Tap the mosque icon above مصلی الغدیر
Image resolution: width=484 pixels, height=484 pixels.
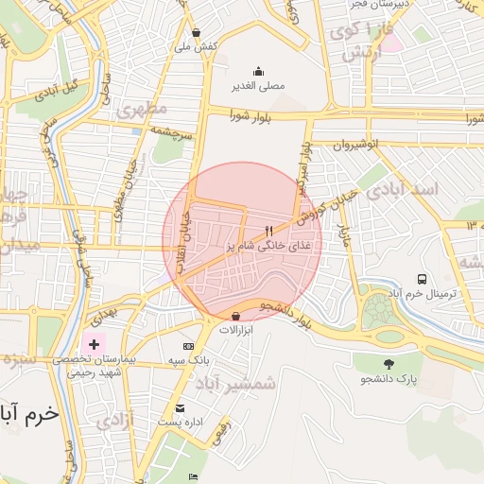[x=258, y=71]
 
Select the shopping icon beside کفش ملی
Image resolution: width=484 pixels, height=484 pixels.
[x=196, y=31]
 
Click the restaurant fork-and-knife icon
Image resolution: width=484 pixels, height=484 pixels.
[x=269, y=230]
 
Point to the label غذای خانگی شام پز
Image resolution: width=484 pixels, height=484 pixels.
[x=269, y=245]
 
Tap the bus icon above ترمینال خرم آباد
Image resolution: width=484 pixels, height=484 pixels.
[x=422, y=279]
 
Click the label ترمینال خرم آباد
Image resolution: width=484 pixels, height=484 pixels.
[x=422, y=294]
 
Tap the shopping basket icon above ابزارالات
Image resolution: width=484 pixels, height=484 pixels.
[x=235, y=316]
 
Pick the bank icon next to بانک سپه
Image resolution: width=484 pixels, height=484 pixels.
[x=187, y=346]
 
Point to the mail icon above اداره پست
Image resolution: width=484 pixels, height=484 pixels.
[x=180, y=408]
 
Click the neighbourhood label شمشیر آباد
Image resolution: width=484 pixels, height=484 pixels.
[x=235, y=383]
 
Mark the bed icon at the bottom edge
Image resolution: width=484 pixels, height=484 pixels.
[x=194, y=476]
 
